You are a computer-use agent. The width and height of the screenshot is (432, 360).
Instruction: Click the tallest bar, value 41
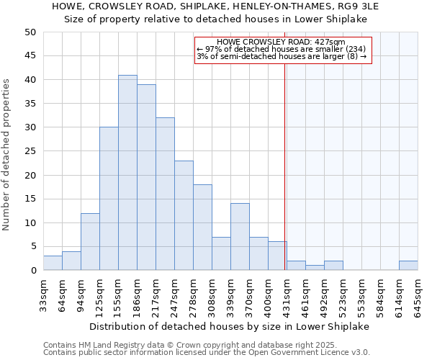127,173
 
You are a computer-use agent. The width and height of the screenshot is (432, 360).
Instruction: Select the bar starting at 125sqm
109,199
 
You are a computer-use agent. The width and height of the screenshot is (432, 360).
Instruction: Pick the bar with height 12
90,242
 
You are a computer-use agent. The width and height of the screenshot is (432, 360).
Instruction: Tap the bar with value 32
165,194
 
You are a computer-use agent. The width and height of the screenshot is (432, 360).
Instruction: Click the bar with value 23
184,215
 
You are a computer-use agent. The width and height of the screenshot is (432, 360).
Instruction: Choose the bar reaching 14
240,237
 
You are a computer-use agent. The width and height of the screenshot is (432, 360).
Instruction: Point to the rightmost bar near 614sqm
408,266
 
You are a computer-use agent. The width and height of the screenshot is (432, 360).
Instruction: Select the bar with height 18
202,228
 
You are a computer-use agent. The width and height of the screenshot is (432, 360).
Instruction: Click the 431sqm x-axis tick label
287,296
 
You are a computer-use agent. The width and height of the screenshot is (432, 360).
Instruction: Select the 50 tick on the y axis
30,32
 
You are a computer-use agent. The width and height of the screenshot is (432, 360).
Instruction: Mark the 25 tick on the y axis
30,151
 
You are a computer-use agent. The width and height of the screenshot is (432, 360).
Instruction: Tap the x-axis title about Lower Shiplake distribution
230,326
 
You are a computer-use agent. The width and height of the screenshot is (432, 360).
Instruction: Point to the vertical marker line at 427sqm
285,166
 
